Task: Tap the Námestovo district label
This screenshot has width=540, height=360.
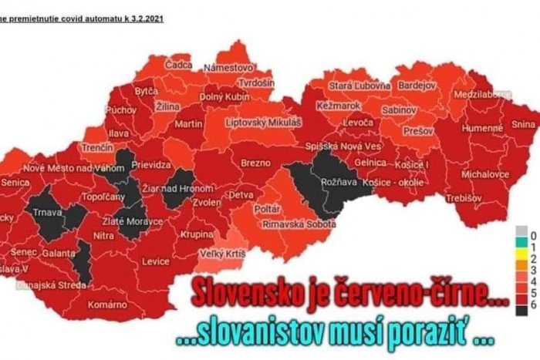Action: [228, 68]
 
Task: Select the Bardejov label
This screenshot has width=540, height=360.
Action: [416, 85]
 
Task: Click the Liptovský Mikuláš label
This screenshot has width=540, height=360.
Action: [262, 122]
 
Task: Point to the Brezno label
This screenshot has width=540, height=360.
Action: [255, 163]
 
